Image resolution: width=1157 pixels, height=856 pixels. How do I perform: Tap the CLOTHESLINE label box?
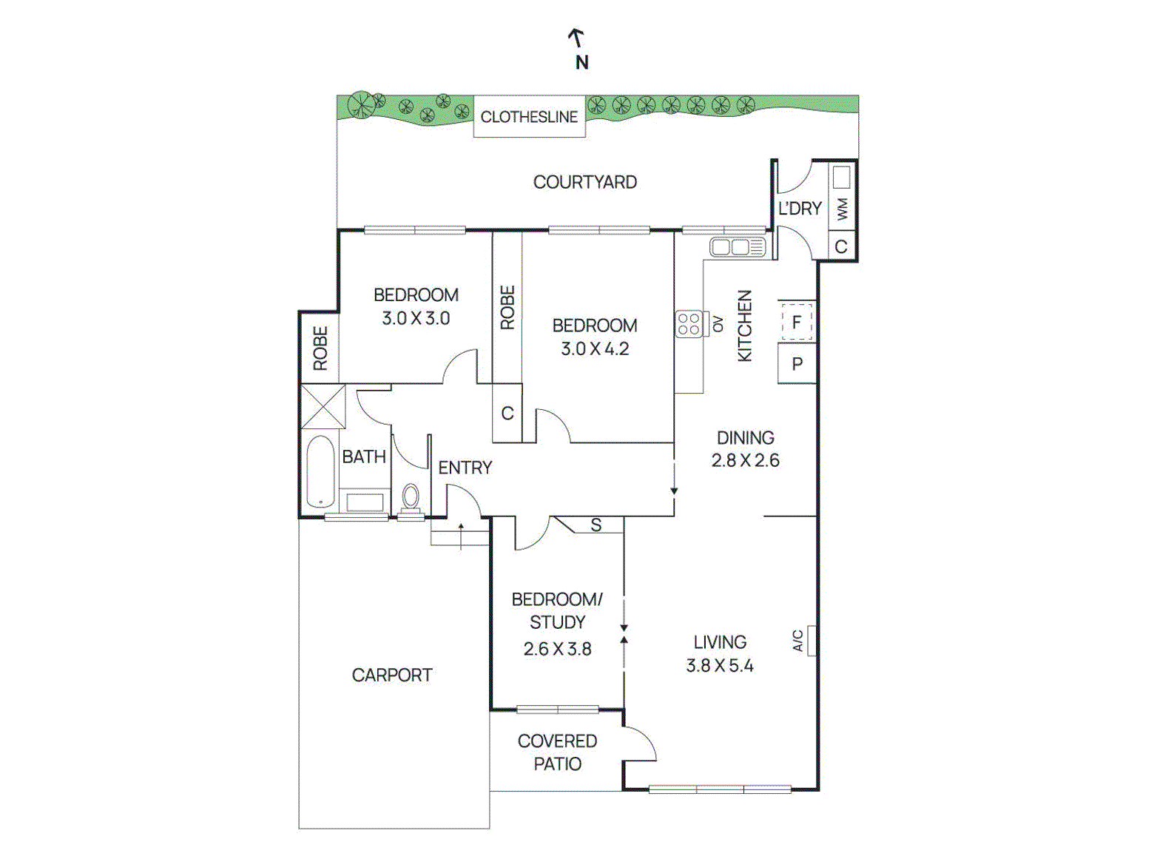[529, 117]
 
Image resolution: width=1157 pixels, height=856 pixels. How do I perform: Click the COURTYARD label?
[584, 182]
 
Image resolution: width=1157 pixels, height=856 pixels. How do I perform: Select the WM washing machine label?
[842, 209]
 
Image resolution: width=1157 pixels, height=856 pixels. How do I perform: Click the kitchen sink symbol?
[737, 247]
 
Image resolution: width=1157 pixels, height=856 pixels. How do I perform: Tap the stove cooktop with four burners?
[689, 324]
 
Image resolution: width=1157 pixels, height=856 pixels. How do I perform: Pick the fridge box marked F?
[797, 322]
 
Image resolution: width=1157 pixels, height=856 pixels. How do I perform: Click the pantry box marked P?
[797, 364]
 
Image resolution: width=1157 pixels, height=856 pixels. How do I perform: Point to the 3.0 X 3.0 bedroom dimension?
[416, 319]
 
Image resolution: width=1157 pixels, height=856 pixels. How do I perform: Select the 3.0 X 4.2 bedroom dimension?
[595, 349]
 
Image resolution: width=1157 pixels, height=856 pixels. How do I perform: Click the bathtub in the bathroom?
[320, 471]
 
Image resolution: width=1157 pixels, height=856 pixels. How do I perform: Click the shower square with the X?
[323, 406]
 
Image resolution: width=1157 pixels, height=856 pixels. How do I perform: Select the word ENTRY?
[465, 468]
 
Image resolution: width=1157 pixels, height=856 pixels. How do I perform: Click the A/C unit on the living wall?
[811, 641]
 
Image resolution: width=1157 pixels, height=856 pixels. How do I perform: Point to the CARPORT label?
[392, 675]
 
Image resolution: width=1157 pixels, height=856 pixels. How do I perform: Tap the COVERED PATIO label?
[557, 752]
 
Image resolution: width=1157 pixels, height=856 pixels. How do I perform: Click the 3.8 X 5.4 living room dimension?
[719, 666]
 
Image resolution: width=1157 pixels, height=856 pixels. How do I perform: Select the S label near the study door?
[596, 525]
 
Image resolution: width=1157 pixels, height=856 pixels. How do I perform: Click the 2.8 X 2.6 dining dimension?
[745, 460]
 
